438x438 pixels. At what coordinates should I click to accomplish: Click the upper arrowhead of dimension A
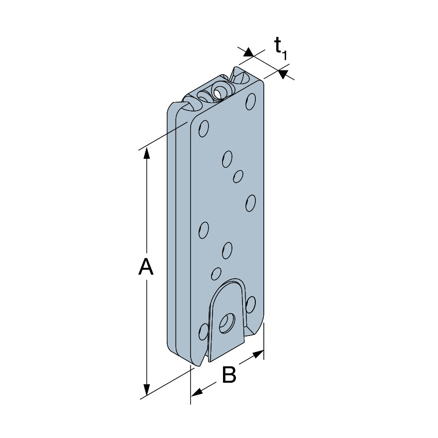(x=146, y=154)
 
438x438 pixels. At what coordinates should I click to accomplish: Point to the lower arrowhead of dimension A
(x=146, y=390)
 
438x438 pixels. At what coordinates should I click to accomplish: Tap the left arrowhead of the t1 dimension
(x=248, y=52)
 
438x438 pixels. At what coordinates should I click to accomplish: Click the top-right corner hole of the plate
(x=250, y=102)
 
